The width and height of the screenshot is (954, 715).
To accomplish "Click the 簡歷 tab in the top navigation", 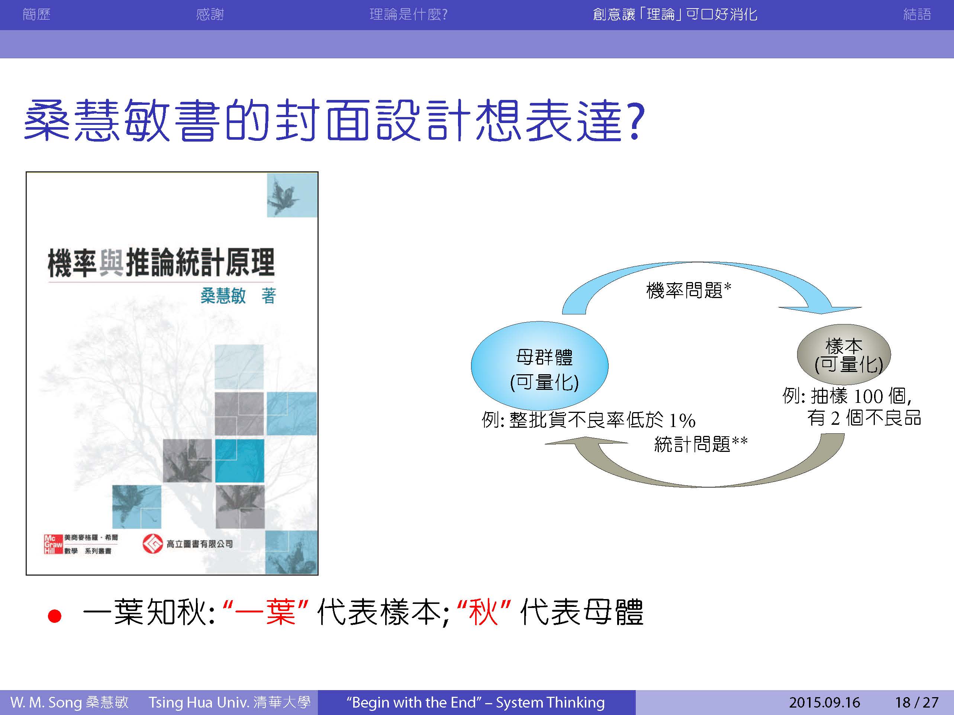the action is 37,14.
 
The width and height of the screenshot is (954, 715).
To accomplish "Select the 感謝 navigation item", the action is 210,14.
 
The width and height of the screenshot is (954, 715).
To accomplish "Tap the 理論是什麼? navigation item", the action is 409,14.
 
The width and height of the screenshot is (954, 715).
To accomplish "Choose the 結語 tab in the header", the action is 917,14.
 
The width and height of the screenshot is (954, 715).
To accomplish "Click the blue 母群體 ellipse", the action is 539,365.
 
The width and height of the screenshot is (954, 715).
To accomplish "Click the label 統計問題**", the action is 701,444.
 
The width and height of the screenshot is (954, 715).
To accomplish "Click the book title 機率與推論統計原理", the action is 161,262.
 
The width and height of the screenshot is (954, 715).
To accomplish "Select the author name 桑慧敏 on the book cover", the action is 223,296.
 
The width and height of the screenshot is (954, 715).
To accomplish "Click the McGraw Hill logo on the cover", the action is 54,544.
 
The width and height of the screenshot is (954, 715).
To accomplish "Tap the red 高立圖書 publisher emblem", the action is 153,544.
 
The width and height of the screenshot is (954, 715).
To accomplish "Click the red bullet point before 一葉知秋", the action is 55,616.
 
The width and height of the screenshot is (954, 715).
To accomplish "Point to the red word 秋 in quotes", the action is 483,612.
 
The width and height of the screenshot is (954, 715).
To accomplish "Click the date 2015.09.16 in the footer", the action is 824,702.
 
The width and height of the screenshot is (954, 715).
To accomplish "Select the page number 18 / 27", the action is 916,702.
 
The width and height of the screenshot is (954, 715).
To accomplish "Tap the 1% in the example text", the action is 682,420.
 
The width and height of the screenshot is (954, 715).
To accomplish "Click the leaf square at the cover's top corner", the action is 292,195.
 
